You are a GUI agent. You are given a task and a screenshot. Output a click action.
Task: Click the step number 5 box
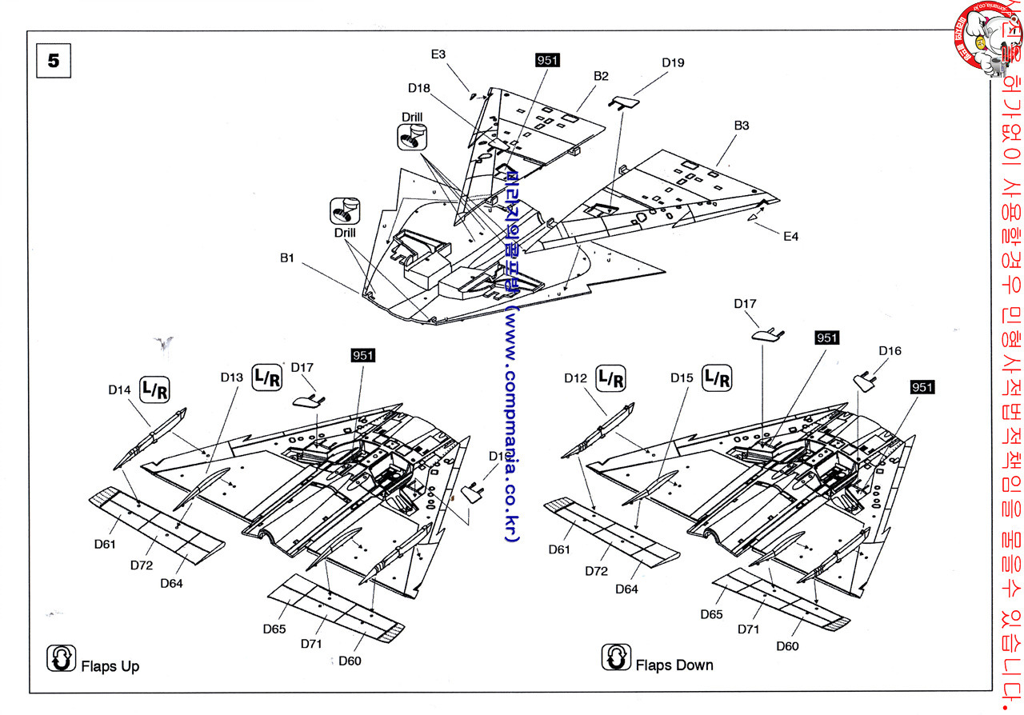54,61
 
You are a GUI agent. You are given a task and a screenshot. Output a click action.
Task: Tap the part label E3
438,54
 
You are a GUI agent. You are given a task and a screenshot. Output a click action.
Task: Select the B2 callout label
601,76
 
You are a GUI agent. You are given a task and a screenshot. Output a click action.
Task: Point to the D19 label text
673,62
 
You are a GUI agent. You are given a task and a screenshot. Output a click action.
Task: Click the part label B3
742,126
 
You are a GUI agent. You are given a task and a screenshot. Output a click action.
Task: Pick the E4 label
790,236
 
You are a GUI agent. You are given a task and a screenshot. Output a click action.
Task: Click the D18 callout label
419,88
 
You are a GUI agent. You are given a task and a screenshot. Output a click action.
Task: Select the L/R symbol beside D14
154,389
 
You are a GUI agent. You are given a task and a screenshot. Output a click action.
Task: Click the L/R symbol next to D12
612,377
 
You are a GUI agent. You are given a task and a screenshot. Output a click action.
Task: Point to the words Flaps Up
110,666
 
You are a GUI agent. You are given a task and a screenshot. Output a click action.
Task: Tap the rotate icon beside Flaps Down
615,657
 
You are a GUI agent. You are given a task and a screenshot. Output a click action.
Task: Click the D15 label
682,377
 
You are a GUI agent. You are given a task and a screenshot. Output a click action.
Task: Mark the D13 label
232,377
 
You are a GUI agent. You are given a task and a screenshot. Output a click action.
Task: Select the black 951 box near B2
547,61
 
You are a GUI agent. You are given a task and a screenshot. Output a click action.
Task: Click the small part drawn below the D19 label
624,102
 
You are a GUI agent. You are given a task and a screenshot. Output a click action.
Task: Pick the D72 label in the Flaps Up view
142,565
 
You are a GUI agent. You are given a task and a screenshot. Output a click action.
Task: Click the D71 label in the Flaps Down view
748,629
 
